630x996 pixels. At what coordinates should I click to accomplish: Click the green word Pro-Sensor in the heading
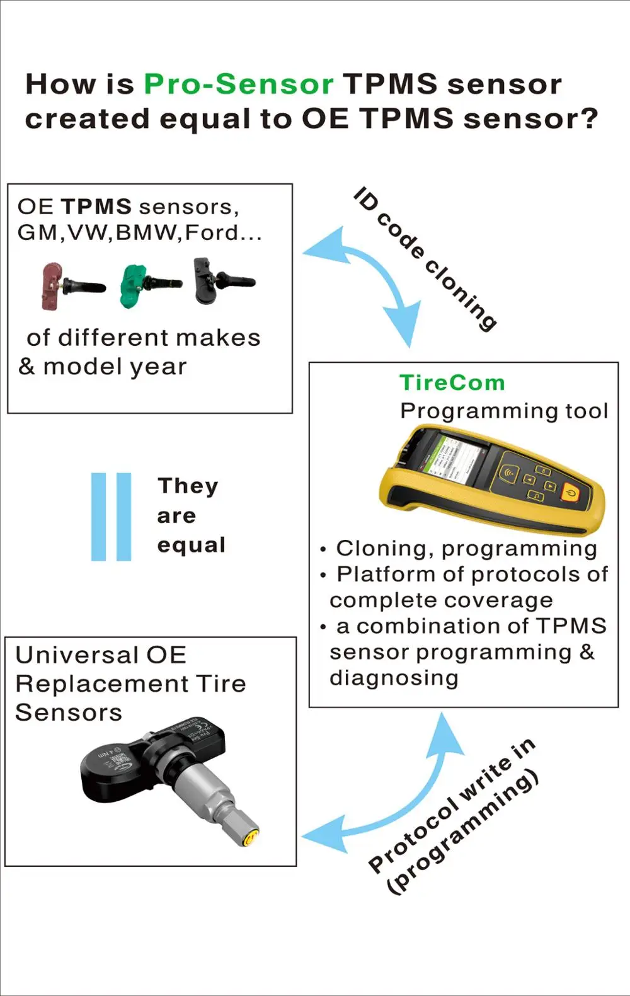point(238,84)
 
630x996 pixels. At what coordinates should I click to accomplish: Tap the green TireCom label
point(452,382)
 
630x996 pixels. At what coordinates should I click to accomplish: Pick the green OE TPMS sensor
point(149,285)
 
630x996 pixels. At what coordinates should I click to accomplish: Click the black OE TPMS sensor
point(221,280)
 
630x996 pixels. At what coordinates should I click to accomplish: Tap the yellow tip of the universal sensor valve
point(250,838)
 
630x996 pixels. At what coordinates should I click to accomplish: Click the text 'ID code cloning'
point(425,258)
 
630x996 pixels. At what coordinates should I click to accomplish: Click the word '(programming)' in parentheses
point(463,832)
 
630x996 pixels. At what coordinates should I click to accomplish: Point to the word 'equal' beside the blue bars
point(191,545)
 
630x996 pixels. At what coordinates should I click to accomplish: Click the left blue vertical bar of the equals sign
point(98,517)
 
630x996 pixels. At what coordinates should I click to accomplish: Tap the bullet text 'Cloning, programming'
point(466,549)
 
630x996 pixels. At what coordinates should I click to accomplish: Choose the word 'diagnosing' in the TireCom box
point(394,678)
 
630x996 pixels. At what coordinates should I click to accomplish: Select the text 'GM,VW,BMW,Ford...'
point(139,233)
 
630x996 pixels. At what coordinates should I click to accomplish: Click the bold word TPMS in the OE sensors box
point(96,207)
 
